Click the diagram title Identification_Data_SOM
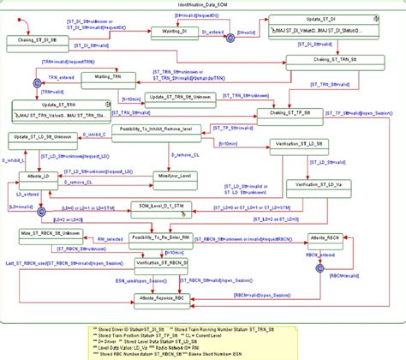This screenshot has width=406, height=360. pyautogui.click(x=201, y=5)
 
